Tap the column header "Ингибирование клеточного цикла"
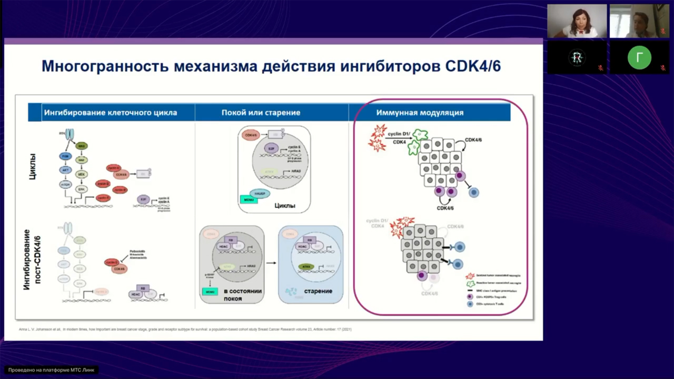tap(111, 113)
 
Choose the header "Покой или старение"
tap(261, 113)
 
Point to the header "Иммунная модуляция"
tap(420, 113)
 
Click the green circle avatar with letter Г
tap(639, 57)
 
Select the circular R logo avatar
tap(577, 57)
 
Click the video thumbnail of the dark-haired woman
tap(577, 21)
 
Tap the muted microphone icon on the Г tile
tap(662, 67)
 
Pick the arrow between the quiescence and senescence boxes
tap(271, 262)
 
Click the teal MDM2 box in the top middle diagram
tap(249, 200)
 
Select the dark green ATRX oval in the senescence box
tap(305, 267)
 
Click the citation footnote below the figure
tap(184, 330)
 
